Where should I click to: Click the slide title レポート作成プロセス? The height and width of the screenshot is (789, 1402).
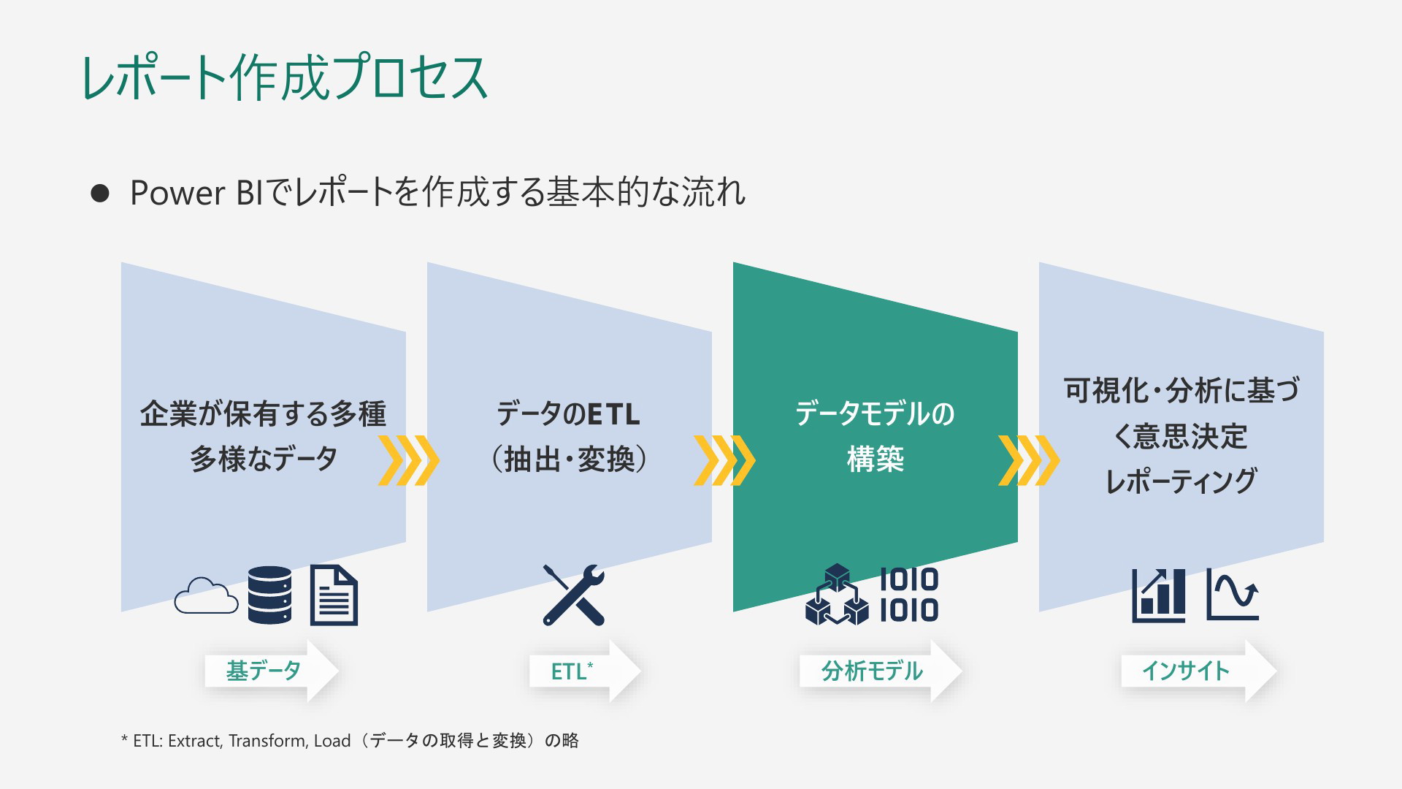[x=285, y=77]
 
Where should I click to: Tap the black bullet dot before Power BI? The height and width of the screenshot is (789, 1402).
[x=100, y=193]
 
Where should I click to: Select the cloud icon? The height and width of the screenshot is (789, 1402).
[x=207, y=595]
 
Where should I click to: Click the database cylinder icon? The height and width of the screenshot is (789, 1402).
[x=269, y=595]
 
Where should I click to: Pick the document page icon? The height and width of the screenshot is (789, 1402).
[x=334, y=595]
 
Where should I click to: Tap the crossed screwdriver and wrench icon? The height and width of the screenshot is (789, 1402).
[x=574, y=595]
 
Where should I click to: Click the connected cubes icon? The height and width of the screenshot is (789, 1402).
[x=837, y=595]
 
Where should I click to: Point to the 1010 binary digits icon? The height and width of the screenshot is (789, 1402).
[x=909, y=595]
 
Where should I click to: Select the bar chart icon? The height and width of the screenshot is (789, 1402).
[x=1159, y=596]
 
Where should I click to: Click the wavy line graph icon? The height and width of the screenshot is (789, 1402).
[x=1233, y=595]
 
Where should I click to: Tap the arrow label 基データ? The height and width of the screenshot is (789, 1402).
[x=264, y=671]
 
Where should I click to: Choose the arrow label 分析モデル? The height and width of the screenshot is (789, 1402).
[x=872, y=671]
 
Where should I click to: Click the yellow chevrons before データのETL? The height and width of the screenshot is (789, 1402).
[x=409, y=460]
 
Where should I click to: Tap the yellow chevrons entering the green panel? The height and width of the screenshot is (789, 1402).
[x=724, y=460]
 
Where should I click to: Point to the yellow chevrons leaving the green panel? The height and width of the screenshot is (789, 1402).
[x=1029, y=460]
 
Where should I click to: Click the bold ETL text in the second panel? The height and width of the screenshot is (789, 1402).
[x=613, y=414]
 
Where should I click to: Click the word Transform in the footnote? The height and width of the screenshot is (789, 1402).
[x=267, y=741]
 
